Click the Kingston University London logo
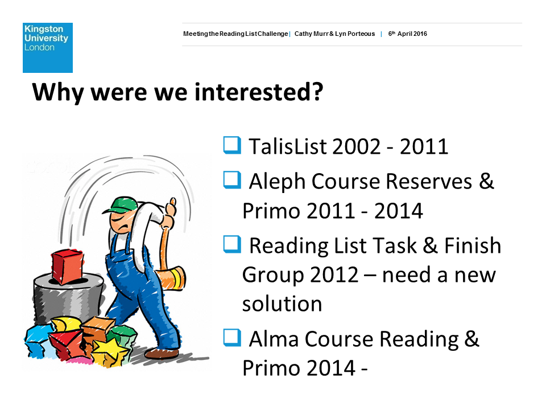tap(48, 48)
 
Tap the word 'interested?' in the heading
tap(259, 92)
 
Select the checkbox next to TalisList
tap(232, 145)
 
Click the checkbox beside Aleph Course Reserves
tap(232, 180)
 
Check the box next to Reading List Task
tap(232, 244)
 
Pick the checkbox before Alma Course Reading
tap(232, 338)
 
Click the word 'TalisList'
tap(288, 146)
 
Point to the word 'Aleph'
tap(277, 182)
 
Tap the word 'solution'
tap(282, 304)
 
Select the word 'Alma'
tap(274, 339)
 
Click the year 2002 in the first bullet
tap(357, 146)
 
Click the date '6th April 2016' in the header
tap(407, 34)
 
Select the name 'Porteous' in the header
tap(361, 34)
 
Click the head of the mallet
tap(171, 278)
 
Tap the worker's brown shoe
tap(162, 354)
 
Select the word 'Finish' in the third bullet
tap(473, 245)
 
